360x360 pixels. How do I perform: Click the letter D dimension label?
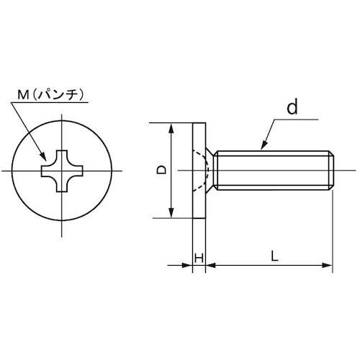(162, 170)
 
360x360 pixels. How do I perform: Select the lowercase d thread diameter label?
(292, 109)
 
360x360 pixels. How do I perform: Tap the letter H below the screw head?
(199, 257)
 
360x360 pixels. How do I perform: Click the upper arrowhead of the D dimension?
(171, 128)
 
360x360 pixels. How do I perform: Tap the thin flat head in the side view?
(199, 170)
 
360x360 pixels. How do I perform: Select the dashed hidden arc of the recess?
(209, 170)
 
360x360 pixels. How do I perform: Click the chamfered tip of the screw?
(330, 170)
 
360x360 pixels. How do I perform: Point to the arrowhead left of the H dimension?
(189, 267)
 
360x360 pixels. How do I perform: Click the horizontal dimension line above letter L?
(270, 267)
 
